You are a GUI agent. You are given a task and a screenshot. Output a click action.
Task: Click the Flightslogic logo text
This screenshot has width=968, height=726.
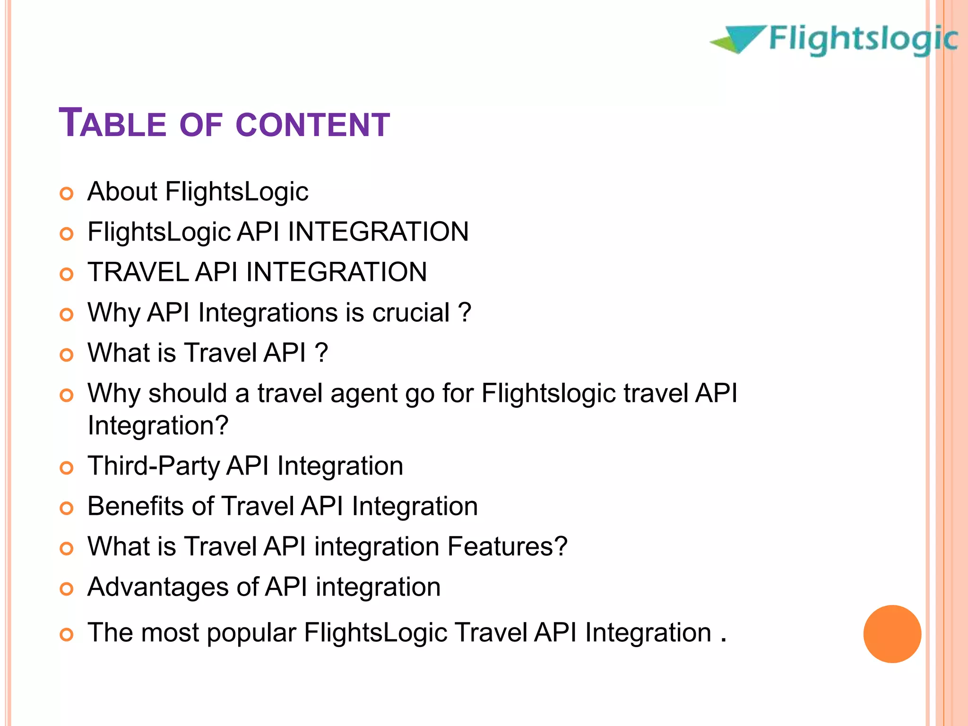coord(863,40)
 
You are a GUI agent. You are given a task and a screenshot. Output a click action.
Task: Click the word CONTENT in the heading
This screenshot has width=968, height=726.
coord(312,125)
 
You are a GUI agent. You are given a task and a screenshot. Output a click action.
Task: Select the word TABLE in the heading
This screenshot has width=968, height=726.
coord(112,124)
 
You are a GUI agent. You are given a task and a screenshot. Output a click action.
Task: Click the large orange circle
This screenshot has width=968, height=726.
coord(892,634)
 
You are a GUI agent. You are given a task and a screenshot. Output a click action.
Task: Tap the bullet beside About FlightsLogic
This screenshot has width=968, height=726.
coord(67,194)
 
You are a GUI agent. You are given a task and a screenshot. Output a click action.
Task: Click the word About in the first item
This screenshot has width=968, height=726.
coord(122,191)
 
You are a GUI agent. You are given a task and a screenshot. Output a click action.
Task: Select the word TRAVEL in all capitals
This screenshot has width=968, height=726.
coord(138,272)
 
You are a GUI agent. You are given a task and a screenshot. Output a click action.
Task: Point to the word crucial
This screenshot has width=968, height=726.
coord(411,312)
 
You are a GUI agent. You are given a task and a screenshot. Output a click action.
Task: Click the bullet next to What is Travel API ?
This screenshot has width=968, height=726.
coord(67,355)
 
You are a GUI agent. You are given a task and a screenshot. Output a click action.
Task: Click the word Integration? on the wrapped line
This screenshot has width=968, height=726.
coord(158,425)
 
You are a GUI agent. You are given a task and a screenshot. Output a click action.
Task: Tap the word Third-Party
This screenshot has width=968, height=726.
coord(154,466)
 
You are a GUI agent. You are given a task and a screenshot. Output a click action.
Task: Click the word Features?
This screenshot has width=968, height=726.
coord(507,546)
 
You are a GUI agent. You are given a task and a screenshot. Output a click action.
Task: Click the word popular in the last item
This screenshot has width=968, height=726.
coord(251,633)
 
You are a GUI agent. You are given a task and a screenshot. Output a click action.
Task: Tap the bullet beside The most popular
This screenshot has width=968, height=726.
coord(67,635)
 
